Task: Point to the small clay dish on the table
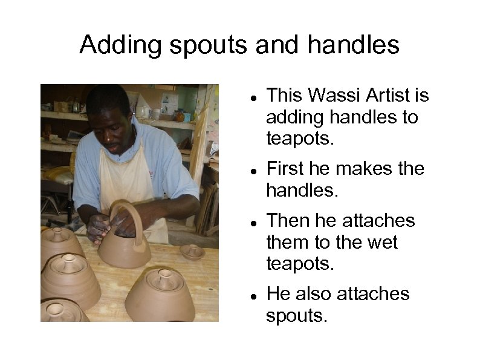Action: tap(192, 250)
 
